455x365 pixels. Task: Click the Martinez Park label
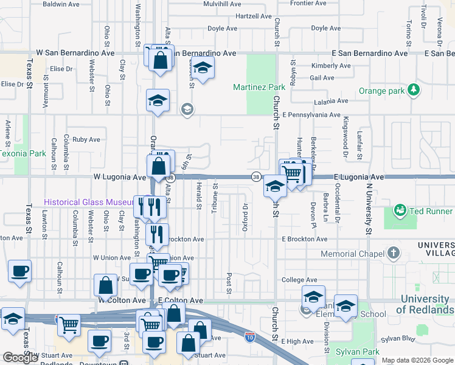[x=259, y=88]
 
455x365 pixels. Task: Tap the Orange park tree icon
[x=414, y=90]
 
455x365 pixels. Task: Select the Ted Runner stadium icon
[x=400, y=210]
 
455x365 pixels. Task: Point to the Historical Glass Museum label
[x=88, y=202]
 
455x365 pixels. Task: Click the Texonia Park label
[x=23, y=154]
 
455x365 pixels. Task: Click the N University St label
[x=368, y=204]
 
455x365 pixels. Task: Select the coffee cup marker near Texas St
[x=19, y=271]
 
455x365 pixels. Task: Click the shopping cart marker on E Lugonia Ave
[x=293, y=173]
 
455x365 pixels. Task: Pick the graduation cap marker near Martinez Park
[x=203, y=68]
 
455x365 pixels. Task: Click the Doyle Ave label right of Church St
[x=325, y=28]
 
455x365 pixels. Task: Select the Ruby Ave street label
[x=86, y=139]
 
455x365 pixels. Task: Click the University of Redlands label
[x=425, y=304]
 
